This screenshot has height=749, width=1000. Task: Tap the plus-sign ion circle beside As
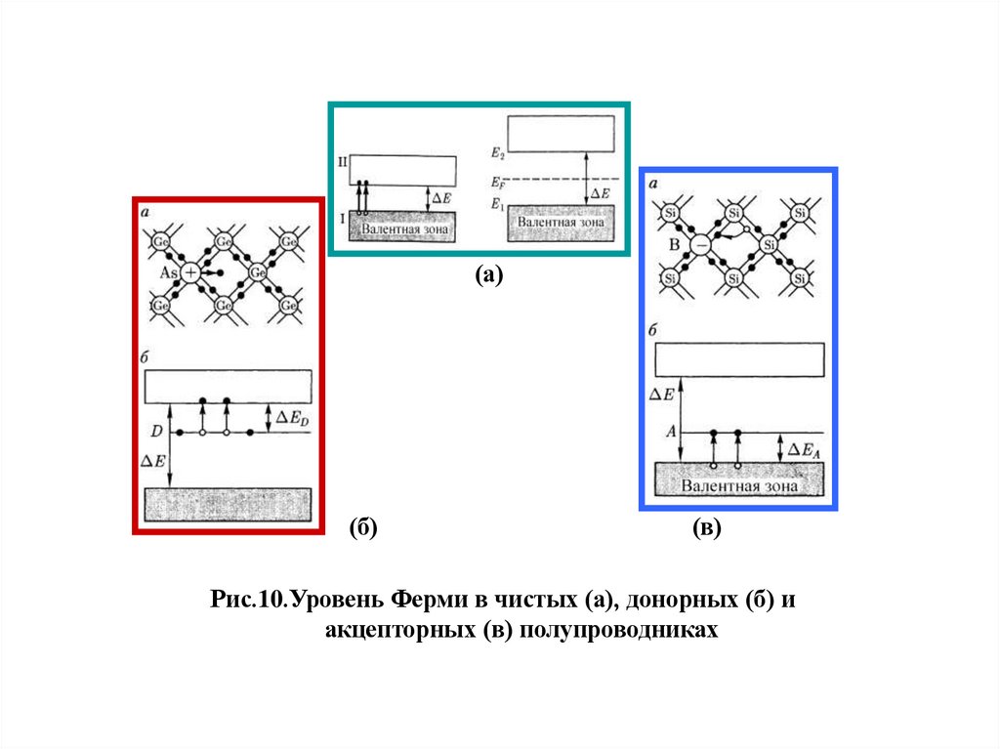tap(190, 273)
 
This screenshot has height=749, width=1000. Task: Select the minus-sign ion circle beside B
tap(701, 246)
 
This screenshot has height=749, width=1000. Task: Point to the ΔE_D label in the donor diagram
tap(291, 419)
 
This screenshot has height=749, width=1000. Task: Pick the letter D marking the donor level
tap(155, 431)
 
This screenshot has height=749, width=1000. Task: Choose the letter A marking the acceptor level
tap(671, 431)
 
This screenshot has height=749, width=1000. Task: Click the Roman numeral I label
tap(342, 220)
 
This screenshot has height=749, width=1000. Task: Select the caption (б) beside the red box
tap(363, 528)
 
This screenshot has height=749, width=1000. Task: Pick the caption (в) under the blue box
tap(706, 528)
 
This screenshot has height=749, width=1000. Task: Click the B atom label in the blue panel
tap(674, 246)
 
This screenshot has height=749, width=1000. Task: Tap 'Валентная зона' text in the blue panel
tap(739, 485)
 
